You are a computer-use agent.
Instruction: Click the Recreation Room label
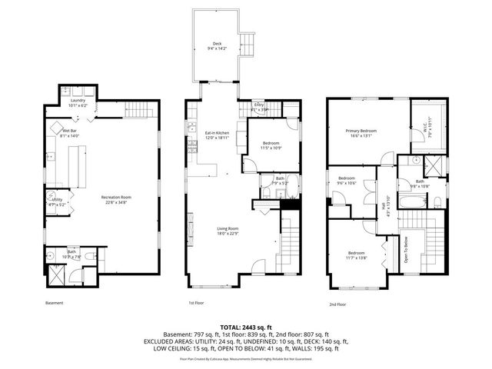tap(117, 198)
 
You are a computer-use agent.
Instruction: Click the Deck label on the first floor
tap(218, 46)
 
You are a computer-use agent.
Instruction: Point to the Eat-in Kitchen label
tap(218, 135)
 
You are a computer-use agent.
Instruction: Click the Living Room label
tap(228, 230)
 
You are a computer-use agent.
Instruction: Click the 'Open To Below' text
tap(406, 248)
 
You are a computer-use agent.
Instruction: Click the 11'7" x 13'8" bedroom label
tap(356, 255)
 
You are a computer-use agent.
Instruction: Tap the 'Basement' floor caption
tap(54, 303)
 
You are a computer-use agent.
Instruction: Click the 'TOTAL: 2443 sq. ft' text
tap(244, 327)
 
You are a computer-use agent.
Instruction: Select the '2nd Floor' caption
tap(337, 304)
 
